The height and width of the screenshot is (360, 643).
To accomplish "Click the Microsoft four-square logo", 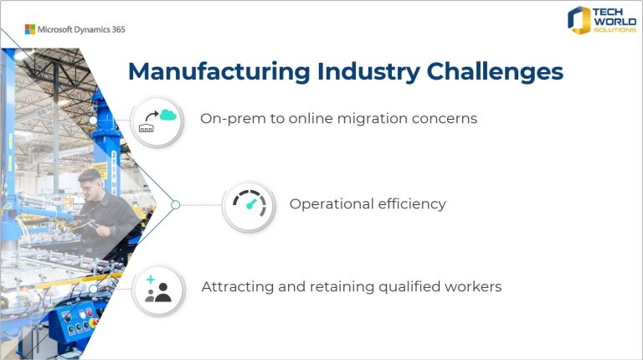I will coord(29,29).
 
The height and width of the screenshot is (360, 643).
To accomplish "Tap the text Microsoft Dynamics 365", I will coord(81,29).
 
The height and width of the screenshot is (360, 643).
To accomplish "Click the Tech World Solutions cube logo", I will coord(579,19).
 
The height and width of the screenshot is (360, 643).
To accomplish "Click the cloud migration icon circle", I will coord(157,121).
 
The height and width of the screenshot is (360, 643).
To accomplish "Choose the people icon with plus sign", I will coord(157,289).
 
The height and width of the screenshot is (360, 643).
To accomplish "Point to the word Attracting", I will coord(235,287).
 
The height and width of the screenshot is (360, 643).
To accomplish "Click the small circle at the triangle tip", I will coord(175,204).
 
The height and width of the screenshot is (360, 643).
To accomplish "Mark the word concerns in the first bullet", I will coord(445,119).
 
